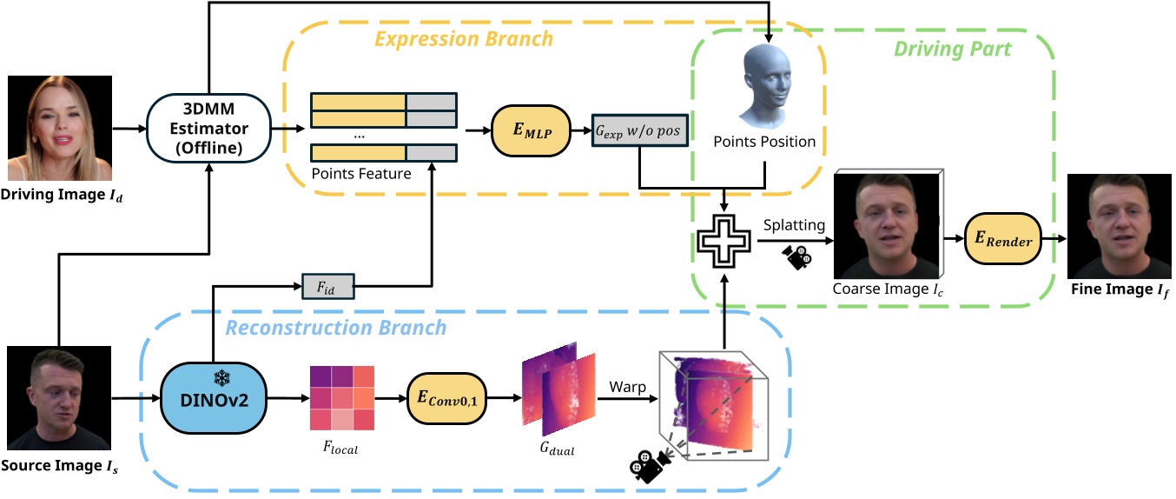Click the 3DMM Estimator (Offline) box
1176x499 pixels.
208,129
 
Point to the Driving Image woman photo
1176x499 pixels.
60,128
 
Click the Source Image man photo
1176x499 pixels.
60,398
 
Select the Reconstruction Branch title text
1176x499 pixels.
336,328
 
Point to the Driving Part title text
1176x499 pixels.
953,49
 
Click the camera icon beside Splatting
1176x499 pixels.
796,256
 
